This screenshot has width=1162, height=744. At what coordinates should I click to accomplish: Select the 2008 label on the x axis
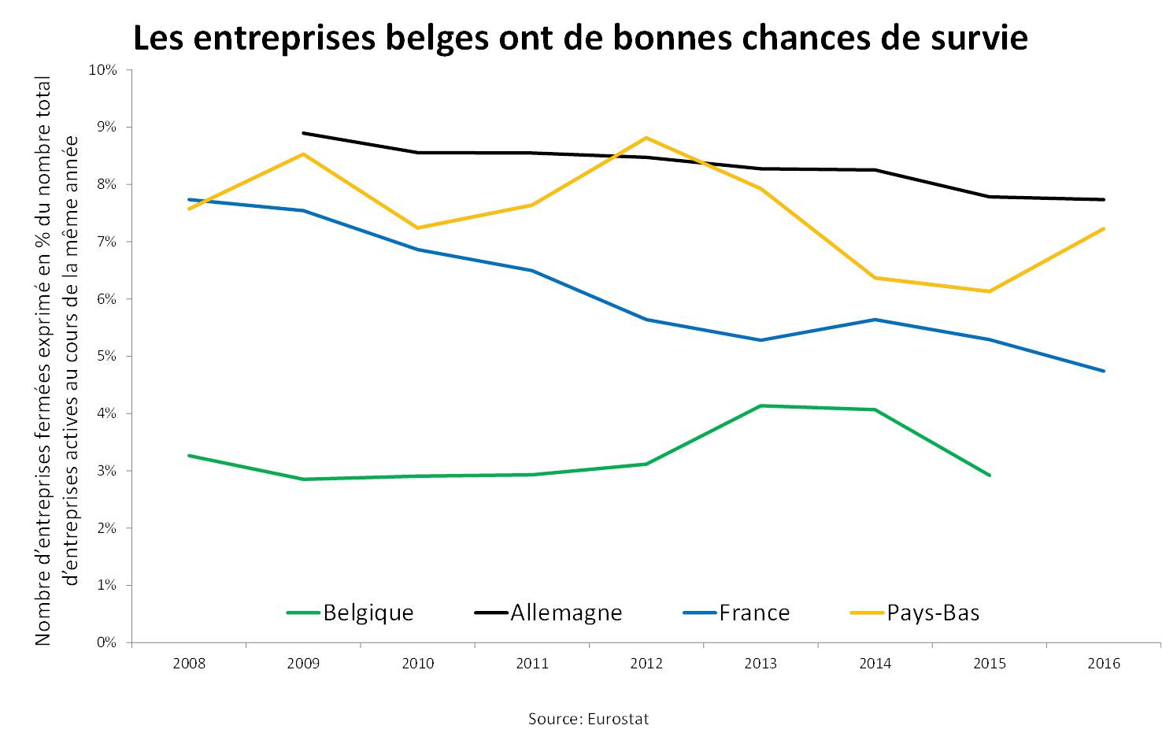pos(189,664)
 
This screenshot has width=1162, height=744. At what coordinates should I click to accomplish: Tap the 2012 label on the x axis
pos(646,664)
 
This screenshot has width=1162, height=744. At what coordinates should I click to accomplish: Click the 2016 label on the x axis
pos(1104,664)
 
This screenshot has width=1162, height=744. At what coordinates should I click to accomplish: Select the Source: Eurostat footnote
pos(589,719)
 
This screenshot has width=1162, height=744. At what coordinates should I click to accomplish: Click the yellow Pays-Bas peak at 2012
pos(646,138)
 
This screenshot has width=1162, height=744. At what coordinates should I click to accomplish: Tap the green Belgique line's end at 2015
pos(990,476)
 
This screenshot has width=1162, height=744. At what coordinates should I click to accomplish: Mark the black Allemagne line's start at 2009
pos(303,133)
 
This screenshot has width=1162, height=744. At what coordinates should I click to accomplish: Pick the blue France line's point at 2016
pos(1104,371)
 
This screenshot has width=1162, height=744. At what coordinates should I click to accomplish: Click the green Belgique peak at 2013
pos(760,405)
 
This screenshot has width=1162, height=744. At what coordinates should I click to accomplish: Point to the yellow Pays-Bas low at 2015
pos(990,291)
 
